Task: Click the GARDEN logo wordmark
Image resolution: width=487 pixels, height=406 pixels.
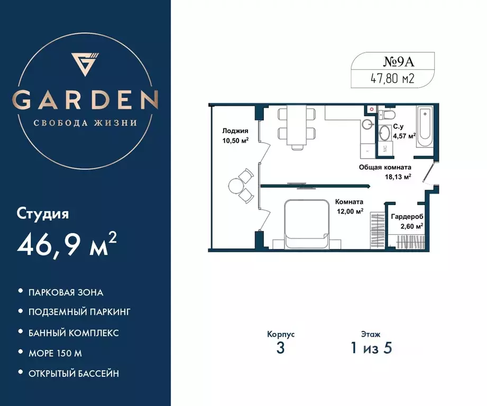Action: click(86, 99)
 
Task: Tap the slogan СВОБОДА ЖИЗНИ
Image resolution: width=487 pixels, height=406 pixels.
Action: click(86, 123)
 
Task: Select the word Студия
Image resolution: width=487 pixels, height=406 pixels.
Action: click(43, 215)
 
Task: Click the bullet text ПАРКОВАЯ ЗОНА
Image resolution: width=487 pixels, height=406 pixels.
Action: click(66, 292)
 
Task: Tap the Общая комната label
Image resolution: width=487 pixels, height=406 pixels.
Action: click(385, 167)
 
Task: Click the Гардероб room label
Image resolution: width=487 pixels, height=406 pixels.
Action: click(407, 217)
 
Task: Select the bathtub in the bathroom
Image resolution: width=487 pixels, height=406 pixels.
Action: click(425, 124)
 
